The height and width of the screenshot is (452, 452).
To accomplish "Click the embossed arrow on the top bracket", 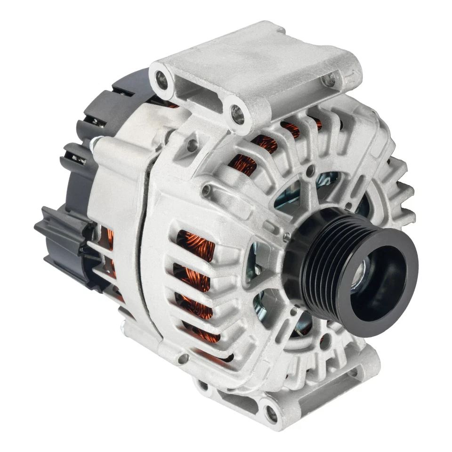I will click(x=348, y=75).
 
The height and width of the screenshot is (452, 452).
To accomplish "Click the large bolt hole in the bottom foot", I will click(x=271, y=414).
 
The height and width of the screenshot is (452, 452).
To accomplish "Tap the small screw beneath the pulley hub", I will click(x=294, y=311).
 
